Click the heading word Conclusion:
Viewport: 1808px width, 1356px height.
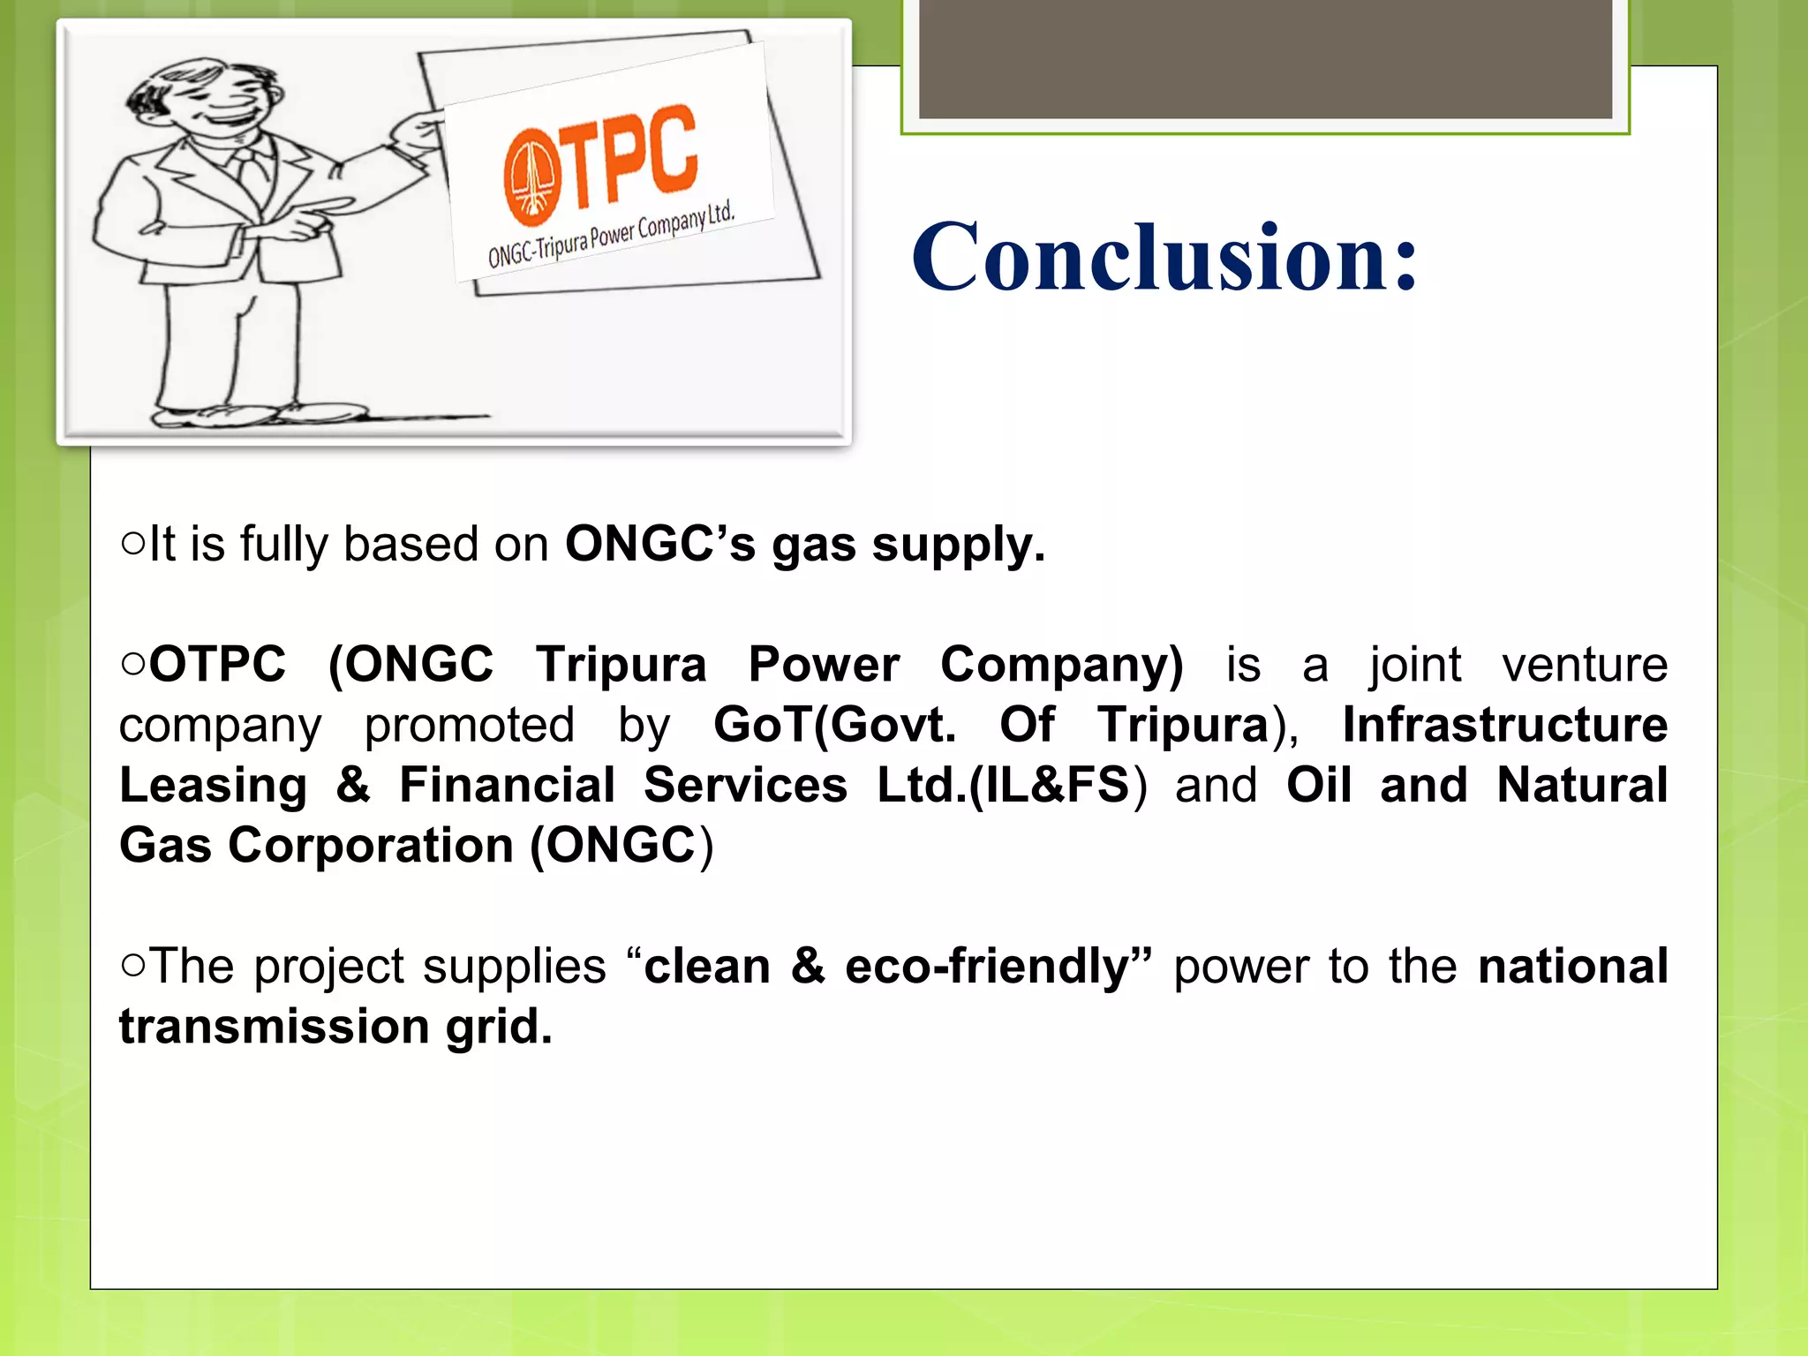click(1164, 257)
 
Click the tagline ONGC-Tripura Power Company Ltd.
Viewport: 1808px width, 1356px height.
click(611, 236)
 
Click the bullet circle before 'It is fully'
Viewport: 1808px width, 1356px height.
click(132, 543)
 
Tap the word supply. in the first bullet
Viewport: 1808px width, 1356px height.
click(958, 546)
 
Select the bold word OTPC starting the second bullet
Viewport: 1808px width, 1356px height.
click(217, 664)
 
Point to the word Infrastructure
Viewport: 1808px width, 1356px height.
click(1504, 725)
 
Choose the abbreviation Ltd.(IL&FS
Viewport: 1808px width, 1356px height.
click(1003, 785)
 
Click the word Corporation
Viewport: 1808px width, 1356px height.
click(371, 846)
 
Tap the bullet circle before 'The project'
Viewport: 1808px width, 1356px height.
click(132, 966)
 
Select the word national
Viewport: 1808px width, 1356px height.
click(1572, 966)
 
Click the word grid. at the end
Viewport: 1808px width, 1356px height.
click(499, 1028)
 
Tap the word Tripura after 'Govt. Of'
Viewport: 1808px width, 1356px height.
click(1182, 725)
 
